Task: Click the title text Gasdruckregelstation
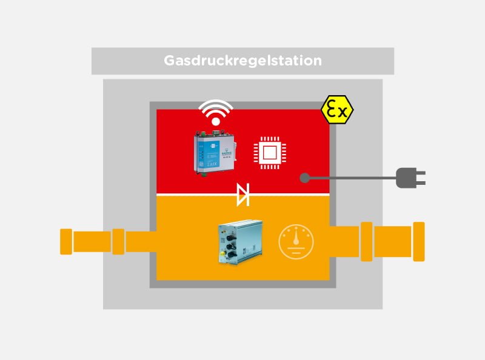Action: tap(242, 61)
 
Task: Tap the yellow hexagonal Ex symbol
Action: tap(338, 110)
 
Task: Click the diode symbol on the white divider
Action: tap(242, 195)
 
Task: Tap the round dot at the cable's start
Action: tap(305, 178)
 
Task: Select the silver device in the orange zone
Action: tap(239, 243)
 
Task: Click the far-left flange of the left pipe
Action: tap(66, 241)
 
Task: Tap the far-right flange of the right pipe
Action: tap(418, 241)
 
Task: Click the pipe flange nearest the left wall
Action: tap(118, 241)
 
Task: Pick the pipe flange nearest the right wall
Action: tap(366, 241)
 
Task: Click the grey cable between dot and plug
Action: tap(352, 178)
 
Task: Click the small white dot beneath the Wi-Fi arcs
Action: tap(216, 123)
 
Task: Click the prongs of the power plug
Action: tap(420, 178)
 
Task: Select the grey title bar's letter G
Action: tap(170, 61)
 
